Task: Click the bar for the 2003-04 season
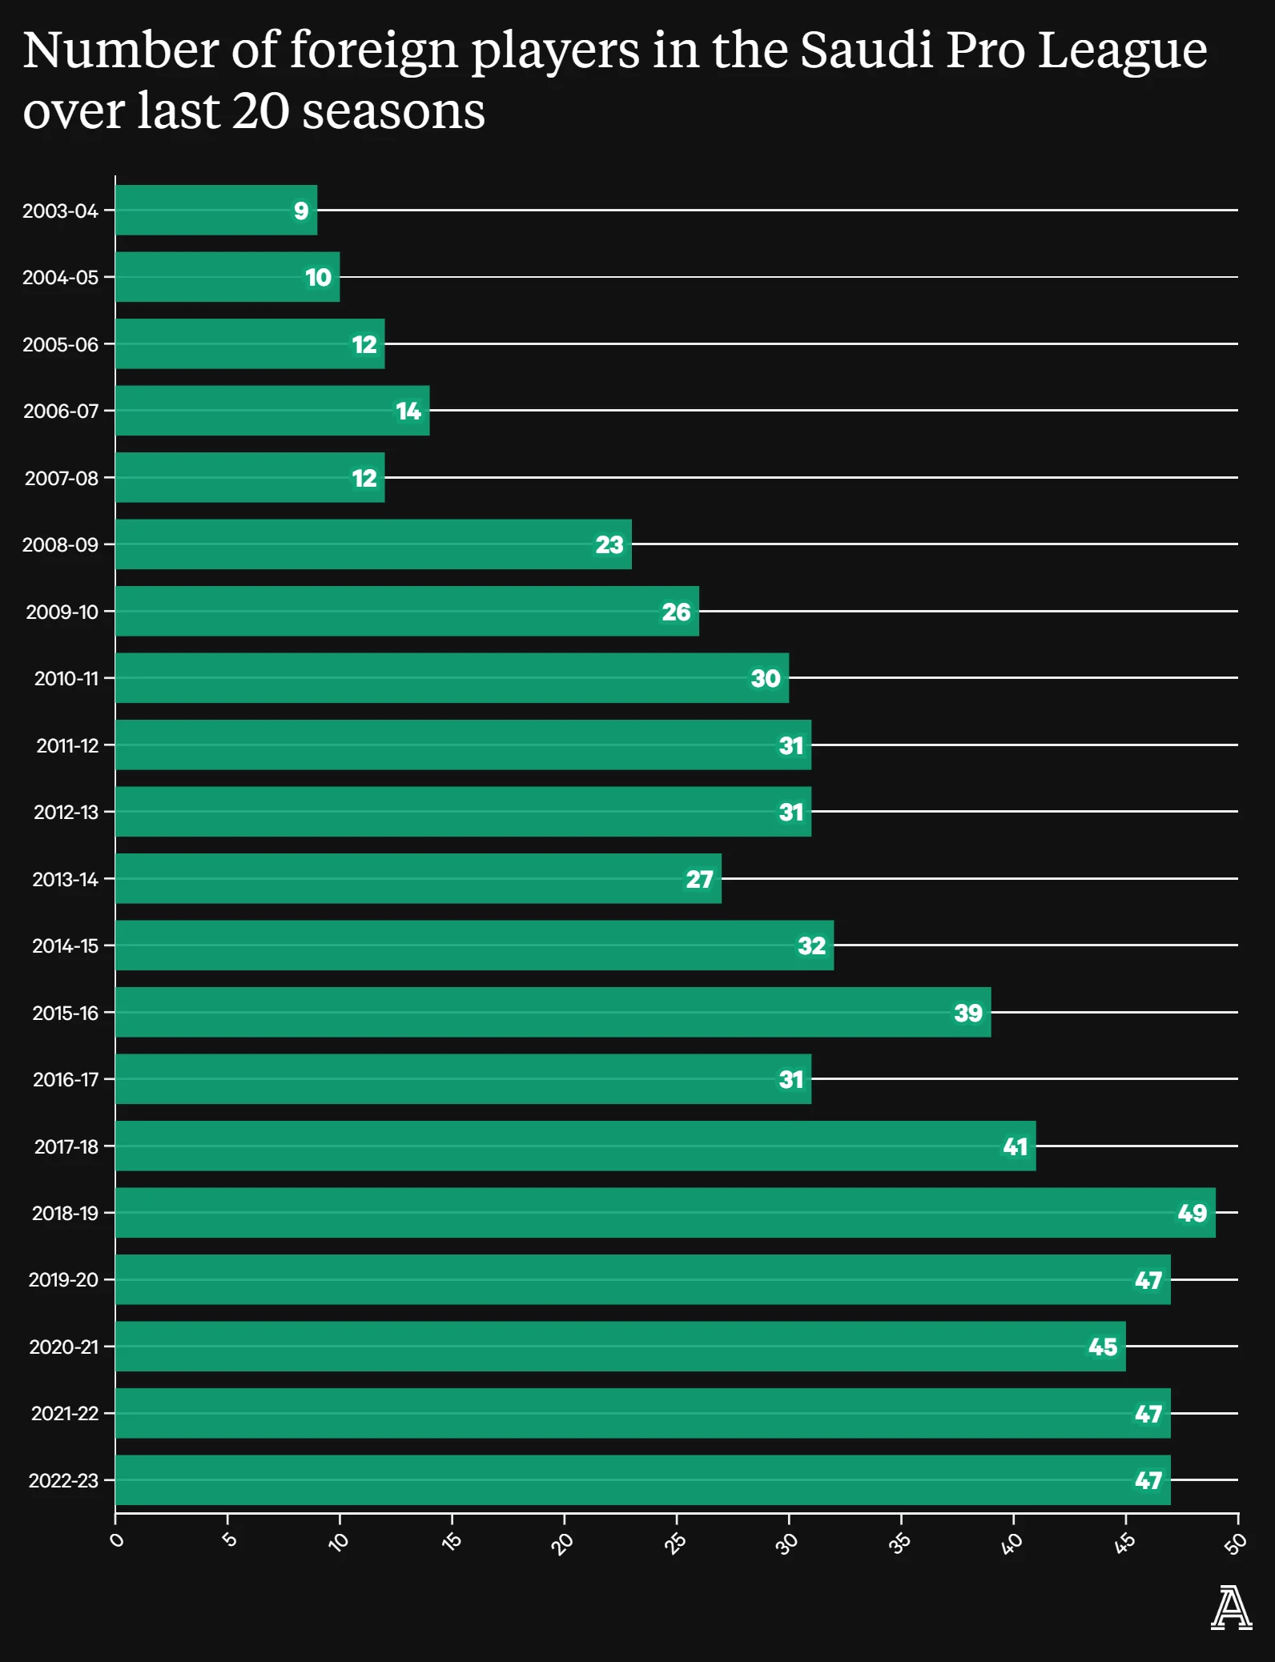click(x=216, y=211)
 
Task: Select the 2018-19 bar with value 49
click(x=665, y=1213)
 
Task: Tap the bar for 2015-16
click(x=553, y=1013)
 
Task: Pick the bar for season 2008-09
click(x=373, y=544)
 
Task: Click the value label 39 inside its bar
click(x=968, y=1014)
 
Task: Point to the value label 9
click(x=301, y=211)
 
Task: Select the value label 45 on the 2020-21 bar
click(x=1103, y=1347)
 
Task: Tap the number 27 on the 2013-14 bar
click(x=699, y=880)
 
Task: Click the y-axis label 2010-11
click(x=66, y=679)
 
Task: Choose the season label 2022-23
click(x=63, y=1481)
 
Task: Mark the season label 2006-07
click(x=61, y=411)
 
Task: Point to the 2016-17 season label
click(x=66, y=1080)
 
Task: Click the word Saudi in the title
click(x=865, y=50)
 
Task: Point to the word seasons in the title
click(x=393, y=111)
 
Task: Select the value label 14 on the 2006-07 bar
click(x=408, y=411)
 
